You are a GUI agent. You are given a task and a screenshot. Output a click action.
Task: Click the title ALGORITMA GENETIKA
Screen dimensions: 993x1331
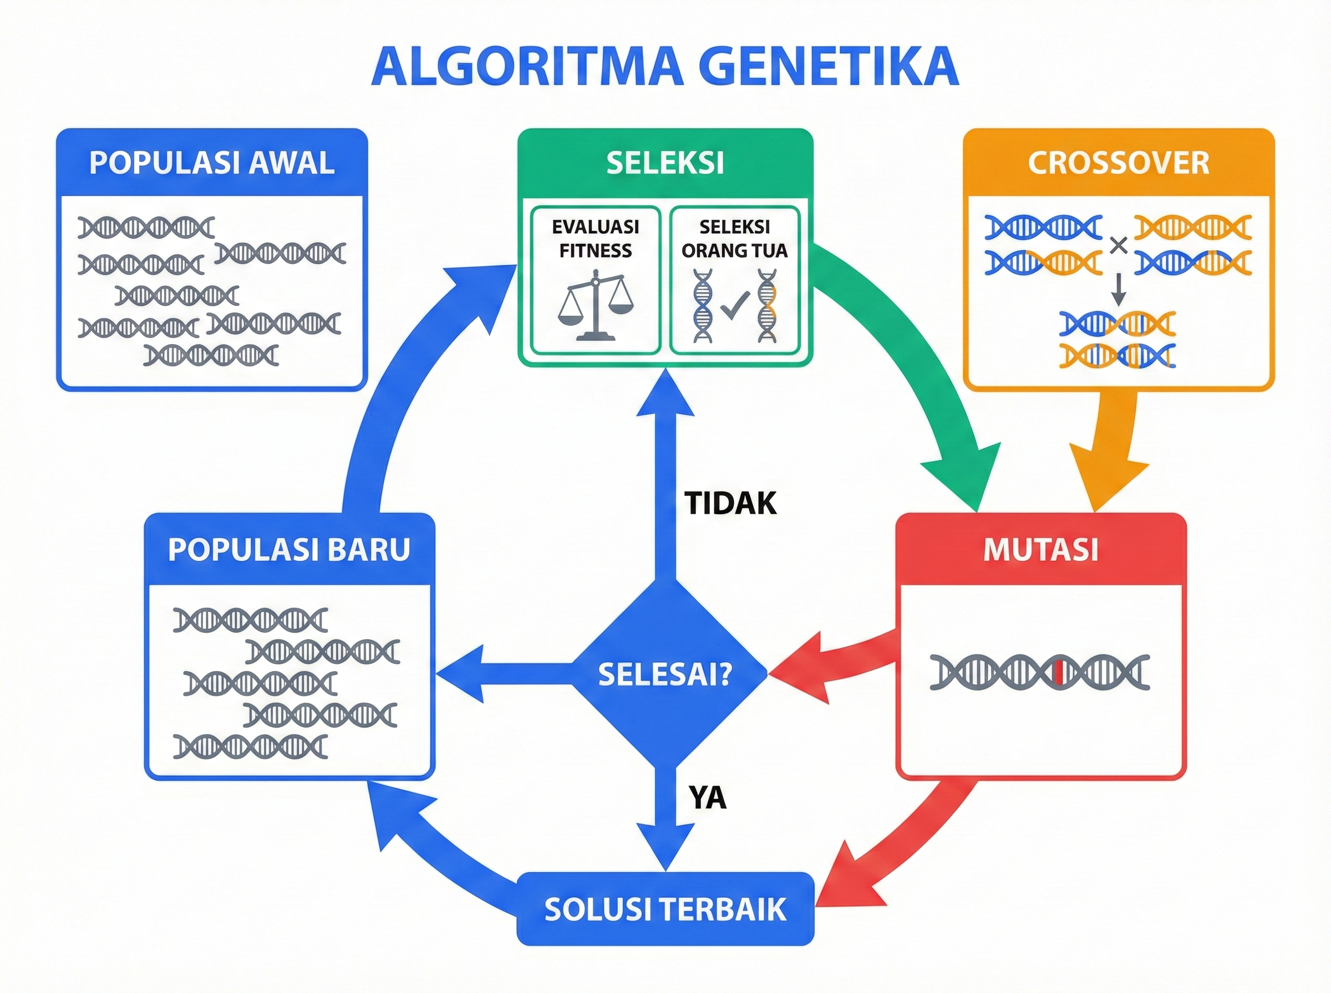coord(664,66)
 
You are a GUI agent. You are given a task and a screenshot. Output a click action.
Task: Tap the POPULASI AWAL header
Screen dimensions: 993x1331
coord(212,163)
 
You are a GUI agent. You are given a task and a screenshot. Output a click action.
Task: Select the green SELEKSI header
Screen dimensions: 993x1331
coord(665,163)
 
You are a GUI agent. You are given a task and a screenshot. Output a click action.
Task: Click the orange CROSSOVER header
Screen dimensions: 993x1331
coord(1118,163)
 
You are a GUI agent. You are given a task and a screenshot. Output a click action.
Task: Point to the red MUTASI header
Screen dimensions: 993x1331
coord(1040,549)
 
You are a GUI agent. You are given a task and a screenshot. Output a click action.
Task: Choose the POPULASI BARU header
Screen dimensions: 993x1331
coord(289,549)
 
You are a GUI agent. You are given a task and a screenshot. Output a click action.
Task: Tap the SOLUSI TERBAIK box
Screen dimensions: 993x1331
coord(665,909)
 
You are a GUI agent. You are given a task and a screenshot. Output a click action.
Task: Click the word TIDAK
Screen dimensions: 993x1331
coord(731,503)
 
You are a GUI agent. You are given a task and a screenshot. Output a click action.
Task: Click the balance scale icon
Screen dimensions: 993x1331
coord(596,306)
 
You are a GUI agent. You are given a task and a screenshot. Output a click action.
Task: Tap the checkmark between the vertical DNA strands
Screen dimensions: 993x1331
coord(734,305)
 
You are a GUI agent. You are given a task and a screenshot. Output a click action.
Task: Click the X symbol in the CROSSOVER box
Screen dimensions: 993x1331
coord(1117,245)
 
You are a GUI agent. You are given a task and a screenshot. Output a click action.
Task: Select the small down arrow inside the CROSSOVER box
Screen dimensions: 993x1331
coord(1118,291)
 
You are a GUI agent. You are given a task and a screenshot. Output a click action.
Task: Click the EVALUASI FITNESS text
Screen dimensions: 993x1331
coord(596,239)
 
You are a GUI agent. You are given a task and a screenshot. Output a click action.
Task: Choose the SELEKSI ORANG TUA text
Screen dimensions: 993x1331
coord(734,239)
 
